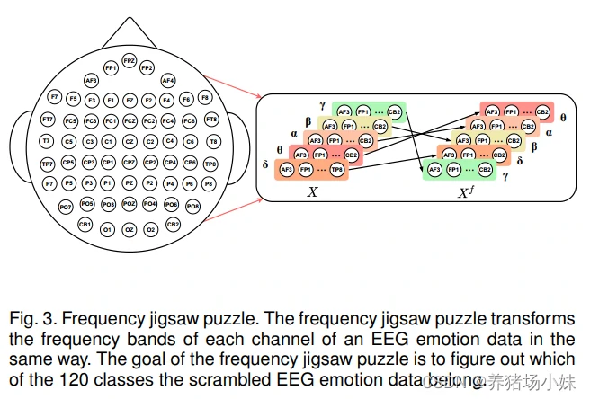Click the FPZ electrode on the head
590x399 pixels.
(129, 61)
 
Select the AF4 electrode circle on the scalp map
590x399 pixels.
(167, 80)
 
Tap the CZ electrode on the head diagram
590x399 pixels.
(130, 141)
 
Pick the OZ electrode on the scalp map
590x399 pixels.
(130, 230)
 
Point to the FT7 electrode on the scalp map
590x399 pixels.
(47, 120)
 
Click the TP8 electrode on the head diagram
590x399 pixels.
(210, 164)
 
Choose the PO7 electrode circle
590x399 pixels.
(66, 207)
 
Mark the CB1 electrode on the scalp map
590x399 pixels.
(85, 223)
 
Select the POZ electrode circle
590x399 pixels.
(130, 205)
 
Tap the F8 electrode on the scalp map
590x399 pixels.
(205, 97)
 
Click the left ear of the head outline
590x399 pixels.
(20, 144)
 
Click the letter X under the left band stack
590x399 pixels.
(312, 191)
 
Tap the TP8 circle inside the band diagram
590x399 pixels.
(335, 169)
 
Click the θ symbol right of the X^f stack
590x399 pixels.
(563, 117)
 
